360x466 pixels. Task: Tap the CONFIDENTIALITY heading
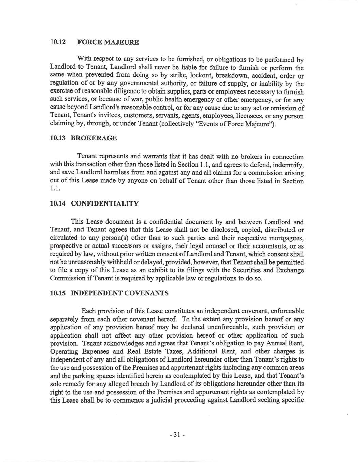[x=104, y=204]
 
